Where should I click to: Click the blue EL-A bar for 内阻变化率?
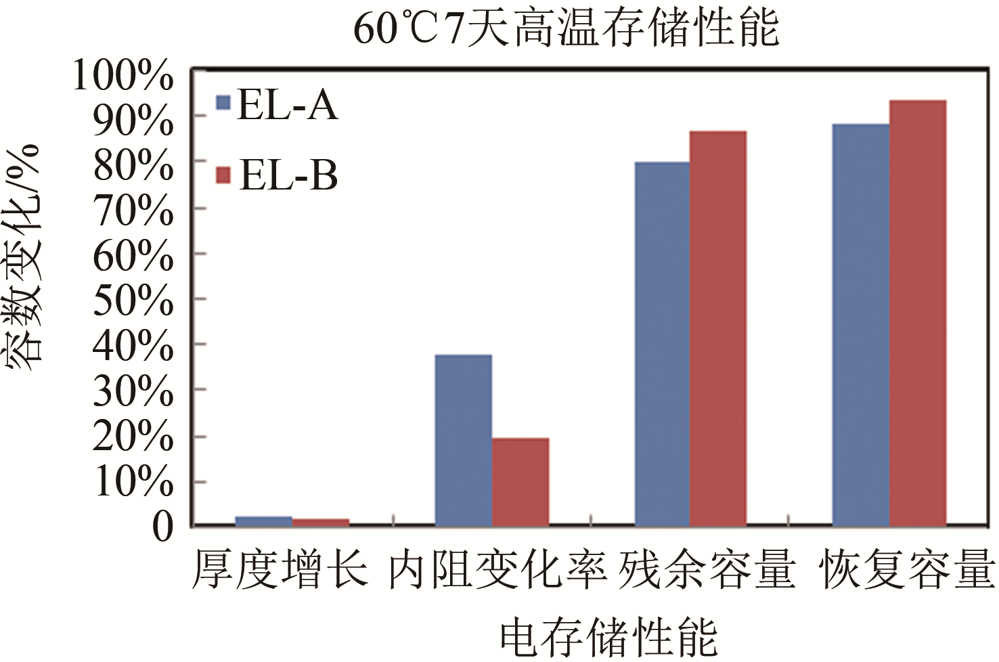[x=463, y=440]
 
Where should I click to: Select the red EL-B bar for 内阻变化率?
[x=520, y=481]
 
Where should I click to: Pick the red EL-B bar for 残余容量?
[x=718, y=328]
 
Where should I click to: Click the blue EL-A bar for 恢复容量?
[x=860, y=325]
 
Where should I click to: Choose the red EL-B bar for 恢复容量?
[x=918, y=313]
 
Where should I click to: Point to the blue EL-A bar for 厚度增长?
[x=263, y=521]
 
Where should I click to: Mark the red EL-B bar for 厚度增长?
[x=321, y=522]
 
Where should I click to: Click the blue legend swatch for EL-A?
[x=223, y=103]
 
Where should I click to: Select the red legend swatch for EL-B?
[x=223, y=175]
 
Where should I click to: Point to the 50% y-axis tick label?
[x=133, y=301]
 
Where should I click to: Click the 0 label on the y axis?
[x=162, y=527]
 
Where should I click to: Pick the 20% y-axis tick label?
[x=133, y=437]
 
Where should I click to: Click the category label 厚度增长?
[x=280, y=569]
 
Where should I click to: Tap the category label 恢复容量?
[x=907, y=569]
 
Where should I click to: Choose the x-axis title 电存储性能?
[x=608, y=637]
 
